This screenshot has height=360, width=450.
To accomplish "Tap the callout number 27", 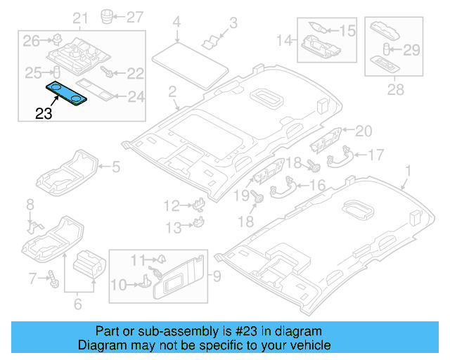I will coord(133,15).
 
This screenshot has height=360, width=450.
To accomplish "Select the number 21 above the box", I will coord(81,18).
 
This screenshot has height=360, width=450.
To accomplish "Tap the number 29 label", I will coord(412,49).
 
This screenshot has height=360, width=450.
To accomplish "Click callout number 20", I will coord(363,130).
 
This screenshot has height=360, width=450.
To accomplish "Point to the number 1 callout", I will coord(409,169).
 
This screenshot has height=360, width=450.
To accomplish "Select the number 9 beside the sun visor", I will coord(217,275).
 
